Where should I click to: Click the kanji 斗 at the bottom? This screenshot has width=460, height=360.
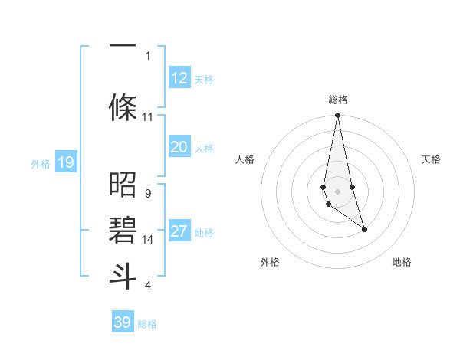[123, 275]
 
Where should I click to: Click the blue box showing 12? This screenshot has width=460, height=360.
[179, 78]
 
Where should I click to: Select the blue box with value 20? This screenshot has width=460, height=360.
[179, 147]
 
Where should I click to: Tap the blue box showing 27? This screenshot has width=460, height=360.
[179, 232]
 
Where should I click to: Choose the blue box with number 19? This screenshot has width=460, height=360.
[65, 162]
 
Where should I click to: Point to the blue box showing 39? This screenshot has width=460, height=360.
[123, 322]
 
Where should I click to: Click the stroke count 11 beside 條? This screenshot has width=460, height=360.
[147, 117]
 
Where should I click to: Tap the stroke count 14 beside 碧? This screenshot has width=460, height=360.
[147, 240]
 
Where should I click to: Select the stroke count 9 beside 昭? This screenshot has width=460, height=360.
[147, 194]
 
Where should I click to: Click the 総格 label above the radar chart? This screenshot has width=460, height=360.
[338, 100]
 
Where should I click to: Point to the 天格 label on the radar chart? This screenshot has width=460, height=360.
[431, 159]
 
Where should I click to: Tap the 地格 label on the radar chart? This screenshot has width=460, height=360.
[402, 262]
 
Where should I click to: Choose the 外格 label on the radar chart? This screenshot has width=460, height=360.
[270, 262]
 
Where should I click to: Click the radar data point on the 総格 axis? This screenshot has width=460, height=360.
[337, 116]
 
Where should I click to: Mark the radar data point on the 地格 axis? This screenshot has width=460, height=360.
[364, 229]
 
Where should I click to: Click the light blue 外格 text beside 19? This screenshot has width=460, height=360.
[40, 162]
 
